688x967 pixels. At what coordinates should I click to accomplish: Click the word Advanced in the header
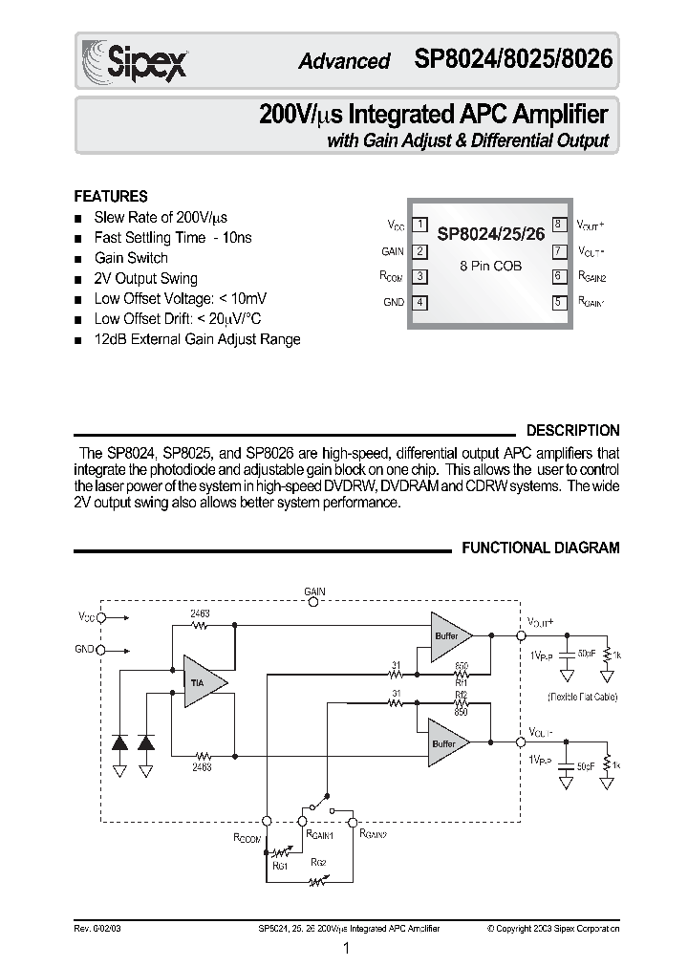click(344, 61)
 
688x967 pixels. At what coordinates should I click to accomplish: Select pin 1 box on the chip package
click(419, 226)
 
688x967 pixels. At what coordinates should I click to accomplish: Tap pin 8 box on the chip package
click(557, 226)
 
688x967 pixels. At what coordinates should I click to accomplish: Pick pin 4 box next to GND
click(419, 302)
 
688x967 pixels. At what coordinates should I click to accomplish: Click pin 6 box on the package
click(557, 276)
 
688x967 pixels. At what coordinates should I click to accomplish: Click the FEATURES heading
click(111, 196)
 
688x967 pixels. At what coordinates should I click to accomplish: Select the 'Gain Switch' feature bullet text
click(131, 258)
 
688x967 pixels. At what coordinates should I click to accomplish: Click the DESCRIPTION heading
click(573, 431)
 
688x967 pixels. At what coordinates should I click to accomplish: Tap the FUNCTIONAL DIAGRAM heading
click(541, 548)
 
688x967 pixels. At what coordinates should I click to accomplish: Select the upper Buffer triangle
click(447, 635)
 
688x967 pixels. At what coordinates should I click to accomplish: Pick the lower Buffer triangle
click(447, 742)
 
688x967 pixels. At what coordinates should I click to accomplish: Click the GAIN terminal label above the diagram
click(314, 592)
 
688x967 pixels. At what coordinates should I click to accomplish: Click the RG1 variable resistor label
click(281, 865)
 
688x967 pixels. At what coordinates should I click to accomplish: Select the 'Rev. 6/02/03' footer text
click(98, 928)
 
